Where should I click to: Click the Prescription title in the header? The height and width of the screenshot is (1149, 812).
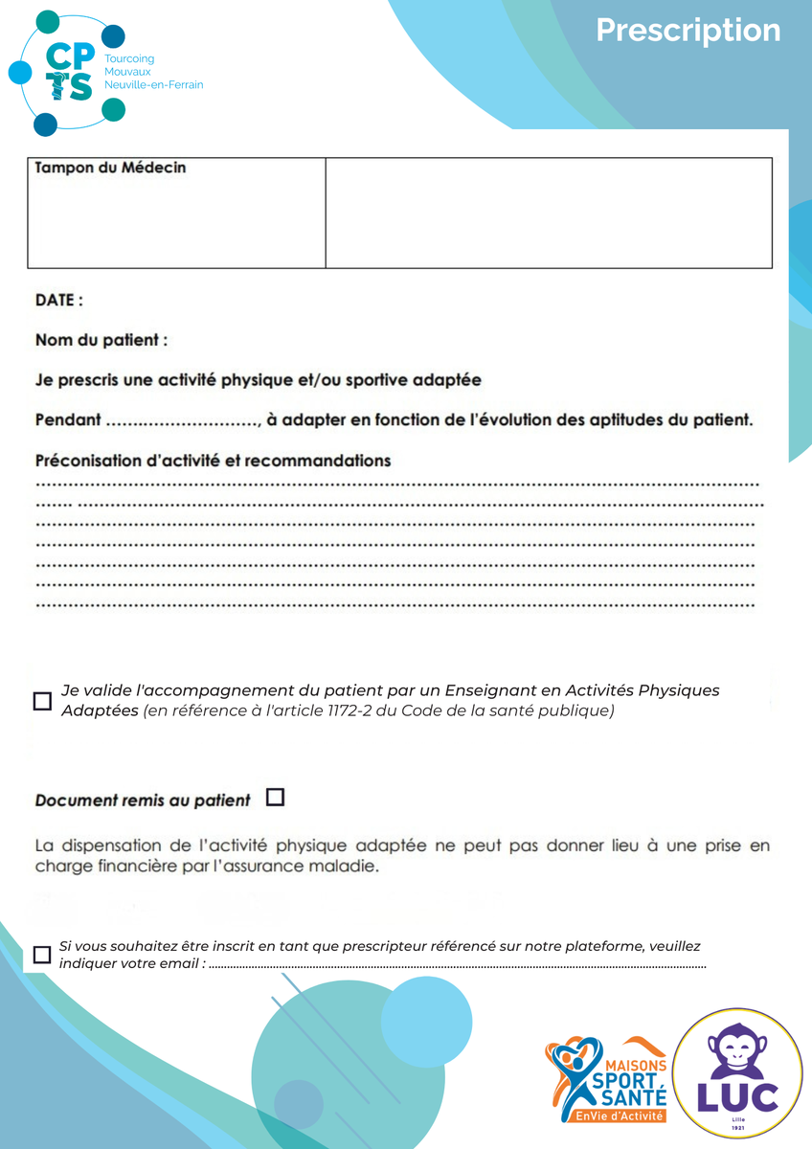click(688, 31)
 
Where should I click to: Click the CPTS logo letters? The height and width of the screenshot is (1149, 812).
click(70, 72)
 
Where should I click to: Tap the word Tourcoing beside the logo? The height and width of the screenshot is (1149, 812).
click(128, 59)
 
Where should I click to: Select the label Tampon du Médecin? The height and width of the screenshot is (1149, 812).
click(110, 169)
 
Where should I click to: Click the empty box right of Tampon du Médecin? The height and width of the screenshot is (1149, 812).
click(549, 213)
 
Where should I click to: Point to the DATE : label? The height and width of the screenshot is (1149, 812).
click(59, 301)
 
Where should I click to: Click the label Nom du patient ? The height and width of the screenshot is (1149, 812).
click(101, 340)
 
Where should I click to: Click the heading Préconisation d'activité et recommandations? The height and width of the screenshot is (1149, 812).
click(213, 461)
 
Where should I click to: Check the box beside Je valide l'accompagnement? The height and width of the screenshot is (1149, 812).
click(42, 701)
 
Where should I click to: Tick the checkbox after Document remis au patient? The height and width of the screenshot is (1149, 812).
click(276, 797)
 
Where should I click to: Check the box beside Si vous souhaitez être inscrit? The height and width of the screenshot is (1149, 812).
click(42, 955)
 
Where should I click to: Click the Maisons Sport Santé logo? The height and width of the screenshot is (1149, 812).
click(605, 1080)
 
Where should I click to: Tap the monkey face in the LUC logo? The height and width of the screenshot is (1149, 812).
click(737, 1050)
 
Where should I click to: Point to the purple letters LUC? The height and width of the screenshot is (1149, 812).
click(737, 1095)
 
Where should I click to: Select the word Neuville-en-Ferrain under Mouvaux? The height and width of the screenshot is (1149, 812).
click(153, 85)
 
